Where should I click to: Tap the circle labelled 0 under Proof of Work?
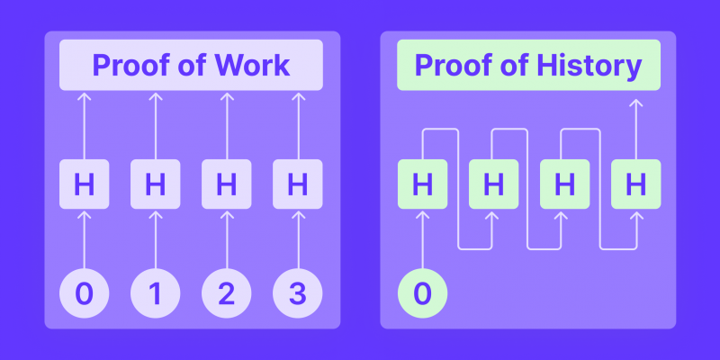point(85,293)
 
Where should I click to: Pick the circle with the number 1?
point(155,293)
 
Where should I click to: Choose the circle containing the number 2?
point(227,293)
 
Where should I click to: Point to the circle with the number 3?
point(298,293)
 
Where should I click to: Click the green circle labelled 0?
point(422,293)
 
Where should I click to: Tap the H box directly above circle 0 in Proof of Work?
point(85,184)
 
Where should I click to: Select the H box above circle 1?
point(155,184)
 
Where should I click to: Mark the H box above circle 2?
point(227,184)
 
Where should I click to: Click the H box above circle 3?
point(298,184)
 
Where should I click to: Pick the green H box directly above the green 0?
point(422,184)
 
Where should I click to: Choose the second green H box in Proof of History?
point(493,184)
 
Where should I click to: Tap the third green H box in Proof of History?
point(565,184)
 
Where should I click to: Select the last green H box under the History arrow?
point(636,184)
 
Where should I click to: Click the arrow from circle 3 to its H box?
point(299,239)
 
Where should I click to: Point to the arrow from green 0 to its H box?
point(422,239)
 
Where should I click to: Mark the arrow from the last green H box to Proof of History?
point(636,129)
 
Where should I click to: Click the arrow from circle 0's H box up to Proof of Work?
point(85,126)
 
